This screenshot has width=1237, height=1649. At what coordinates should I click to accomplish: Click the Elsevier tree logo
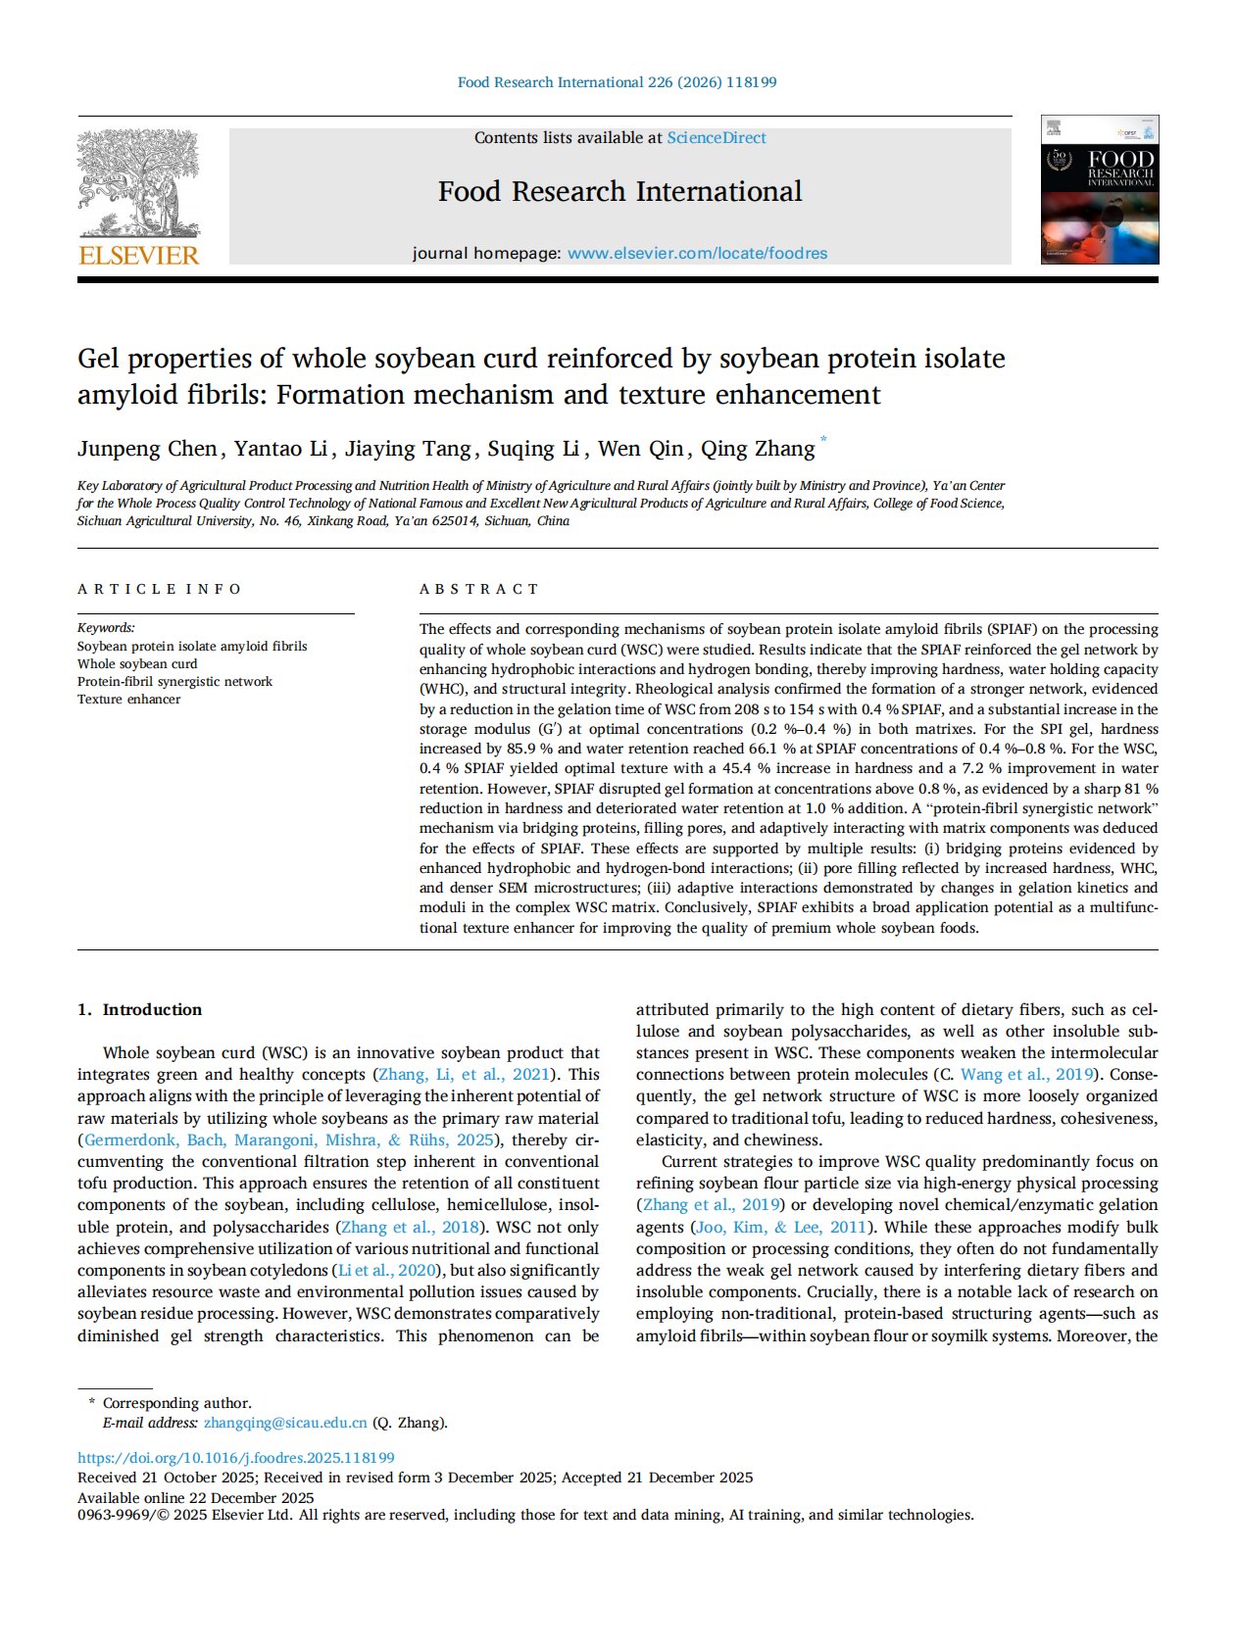coord(138,183)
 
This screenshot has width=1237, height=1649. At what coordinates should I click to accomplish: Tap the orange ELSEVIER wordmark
coord(138,256)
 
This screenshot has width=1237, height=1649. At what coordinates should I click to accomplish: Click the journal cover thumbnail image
coord(1099,189)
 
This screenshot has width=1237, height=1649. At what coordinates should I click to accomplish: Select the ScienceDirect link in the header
coord(717,138)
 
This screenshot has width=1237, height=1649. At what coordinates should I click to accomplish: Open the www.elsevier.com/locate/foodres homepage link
coord(697,254)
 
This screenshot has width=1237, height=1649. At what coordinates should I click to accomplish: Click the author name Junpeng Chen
coord(147,449)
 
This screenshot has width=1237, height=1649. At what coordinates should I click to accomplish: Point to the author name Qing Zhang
coord(757,449)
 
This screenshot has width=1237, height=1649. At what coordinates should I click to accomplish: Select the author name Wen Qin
coord(640,449)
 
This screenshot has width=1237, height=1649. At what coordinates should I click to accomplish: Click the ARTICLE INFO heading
coord(159,589)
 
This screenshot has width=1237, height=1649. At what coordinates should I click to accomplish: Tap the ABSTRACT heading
coord(479,589)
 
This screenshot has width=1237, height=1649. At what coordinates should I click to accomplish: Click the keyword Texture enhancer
coord(128,700)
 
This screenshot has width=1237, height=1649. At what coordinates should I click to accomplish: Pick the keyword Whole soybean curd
coord(137,664)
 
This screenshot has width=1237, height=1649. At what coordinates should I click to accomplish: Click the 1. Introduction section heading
coord(139,1010)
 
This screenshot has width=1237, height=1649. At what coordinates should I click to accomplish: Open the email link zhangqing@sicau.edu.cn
coord(285,1423)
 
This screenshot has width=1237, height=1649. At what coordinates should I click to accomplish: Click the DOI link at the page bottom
coord(235,1458)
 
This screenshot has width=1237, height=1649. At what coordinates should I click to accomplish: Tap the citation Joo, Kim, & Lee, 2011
coord(780,1228)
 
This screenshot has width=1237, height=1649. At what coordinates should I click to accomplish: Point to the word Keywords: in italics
coord(106,628)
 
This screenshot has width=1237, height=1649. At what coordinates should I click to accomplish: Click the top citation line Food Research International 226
coord(617,82)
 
